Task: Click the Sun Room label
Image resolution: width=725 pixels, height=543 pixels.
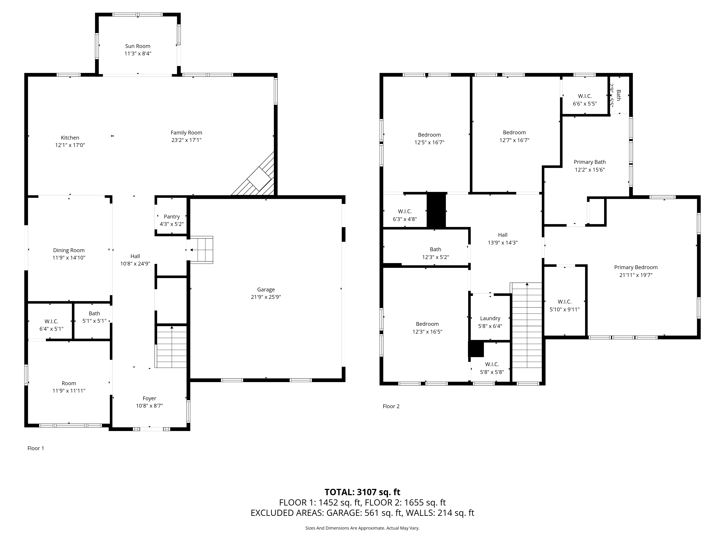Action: click(138, 46)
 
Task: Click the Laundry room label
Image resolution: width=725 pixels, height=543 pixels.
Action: click(490, 318)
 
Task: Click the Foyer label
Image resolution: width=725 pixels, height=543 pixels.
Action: click(150, 398)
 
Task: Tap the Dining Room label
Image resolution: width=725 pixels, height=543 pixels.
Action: click(69, 250)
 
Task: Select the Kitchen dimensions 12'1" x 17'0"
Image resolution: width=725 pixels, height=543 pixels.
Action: click(70, 145)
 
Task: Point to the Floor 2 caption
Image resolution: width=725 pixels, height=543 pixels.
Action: click(391, 406)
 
